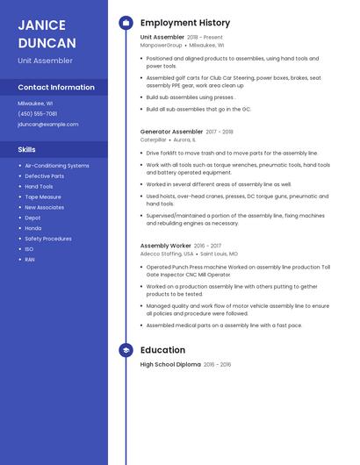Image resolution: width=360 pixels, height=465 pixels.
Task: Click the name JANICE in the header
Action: tap(43, 25)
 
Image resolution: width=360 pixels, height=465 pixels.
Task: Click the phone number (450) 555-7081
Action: tap(37, 113)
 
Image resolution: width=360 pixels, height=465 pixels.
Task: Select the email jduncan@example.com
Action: tap(47, 125)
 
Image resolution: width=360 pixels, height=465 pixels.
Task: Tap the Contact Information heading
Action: tap(56, 88)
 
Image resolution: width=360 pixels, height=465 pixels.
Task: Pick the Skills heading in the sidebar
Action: tap(27, 150)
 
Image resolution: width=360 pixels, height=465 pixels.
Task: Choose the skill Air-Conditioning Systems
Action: tap(57, 166)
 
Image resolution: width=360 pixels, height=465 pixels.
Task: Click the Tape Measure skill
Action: tap(43, 197)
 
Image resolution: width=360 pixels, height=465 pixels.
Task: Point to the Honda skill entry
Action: tap(33, 228)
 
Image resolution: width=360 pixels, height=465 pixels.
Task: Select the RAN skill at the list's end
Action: tap(30, 260)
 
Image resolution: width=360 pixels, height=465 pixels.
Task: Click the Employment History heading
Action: tap(185, 23)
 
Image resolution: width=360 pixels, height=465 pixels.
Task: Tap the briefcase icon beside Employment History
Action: tap(126, 23)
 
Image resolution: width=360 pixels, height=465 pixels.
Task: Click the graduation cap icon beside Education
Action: tap(126, 350)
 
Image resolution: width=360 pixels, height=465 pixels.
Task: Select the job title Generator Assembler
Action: tap(171, 132)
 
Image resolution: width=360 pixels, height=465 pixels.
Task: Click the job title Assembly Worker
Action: tap(165, 246)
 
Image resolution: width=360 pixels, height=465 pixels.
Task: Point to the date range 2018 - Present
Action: tap(205, 38)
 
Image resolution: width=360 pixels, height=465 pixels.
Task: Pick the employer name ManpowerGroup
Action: tap(162, 45)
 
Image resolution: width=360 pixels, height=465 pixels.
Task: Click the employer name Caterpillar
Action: tap(153, 139)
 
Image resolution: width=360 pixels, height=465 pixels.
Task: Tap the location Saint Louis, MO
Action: tap(219, 254)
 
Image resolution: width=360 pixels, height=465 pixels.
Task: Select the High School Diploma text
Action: tap(170, 364)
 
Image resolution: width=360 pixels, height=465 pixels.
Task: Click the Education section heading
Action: tap(162, 350)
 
